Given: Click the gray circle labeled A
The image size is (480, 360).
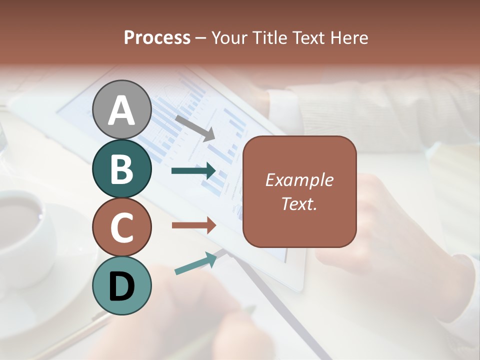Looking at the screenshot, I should tap(121, 109).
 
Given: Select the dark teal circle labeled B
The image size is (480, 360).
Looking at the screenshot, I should tap(121, 168).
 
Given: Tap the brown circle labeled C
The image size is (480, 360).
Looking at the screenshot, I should tap(121, 227).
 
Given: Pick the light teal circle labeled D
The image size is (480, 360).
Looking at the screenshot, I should tap(121, 285).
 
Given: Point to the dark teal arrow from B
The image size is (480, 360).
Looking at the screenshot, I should tap(193, 171).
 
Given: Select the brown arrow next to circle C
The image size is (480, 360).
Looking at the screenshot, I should tap(193, 225).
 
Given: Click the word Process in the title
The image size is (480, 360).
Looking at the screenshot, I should tap(157, 37).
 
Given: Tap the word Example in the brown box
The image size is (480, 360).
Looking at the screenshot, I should tap(299, 180).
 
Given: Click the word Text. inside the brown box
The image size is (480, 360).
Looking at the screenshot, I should tap(299, 203).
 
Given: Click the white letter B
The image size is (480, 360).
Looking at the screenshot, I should tap(121, 169).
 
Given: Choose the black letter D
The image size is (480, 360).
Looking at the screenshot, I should tap(121, 286).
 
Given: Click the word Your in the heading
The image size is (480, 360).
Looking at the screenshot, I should tap(231, 37).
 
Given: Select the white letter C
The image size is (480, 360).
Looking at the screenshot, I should tap(121, 227).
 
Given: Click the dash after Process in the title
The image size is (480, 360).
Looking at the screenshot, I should tap(201, 38).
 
